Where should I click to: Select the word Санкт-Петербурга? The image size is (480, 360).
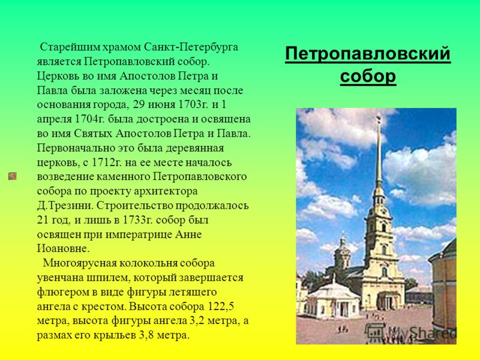(x=191, y=47)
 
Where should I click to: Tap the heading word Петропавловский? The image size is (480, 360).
(x=368, y=54)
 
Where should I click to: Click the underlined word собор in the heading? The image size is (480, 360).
(x=368, y=76)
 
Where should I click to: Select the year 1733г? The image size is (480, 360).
(x=133, y=220)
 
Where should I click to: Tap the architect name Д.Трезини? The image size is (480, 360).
(x=65, y=205)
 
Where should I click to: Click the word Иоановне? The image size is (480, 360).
(x=64, y=248)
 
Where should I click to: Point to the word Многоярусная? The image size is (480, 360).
(x=79, y=263)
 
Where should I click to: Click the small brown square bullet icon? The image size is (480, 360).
(x=12, y=176)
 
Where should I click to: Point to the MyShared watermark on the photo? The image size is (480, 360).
(x=411, y=332)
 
